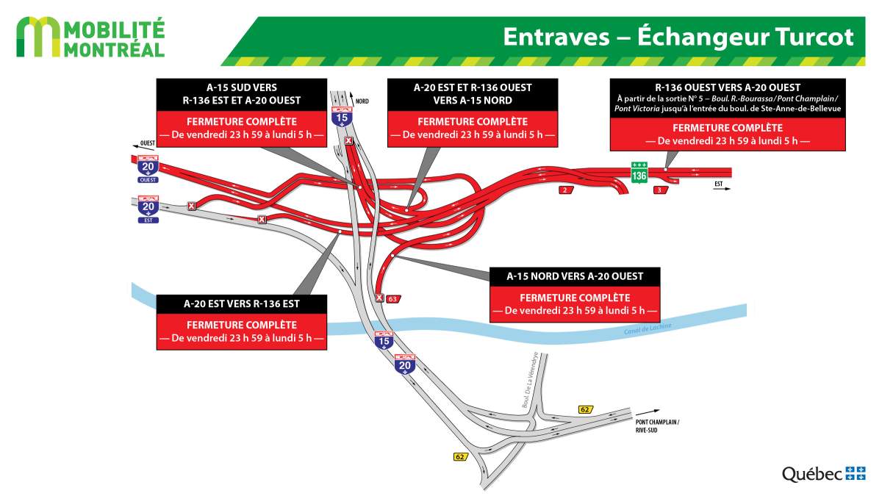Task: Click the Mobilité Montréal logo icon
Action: click(37, 38)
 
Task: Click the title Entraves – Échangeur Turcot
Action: click(678, 37)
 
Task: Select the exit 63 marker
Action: click(392, 298)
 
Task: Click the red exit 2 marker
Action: click(564, 190)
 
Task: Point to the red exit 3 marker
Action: click(659, 190)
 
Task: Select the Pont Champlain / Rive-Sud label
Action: click(658, 426)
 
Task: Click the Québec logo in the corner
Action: click(823, 474)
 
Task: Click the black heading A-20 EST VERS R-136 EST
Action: click(241, 303)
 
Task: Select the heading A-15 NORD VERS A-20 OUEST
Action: click(575, 276)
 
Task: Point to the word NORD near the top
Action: click(362, 101)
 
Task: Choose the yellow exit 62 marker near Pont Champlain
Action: click(585, 409)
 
